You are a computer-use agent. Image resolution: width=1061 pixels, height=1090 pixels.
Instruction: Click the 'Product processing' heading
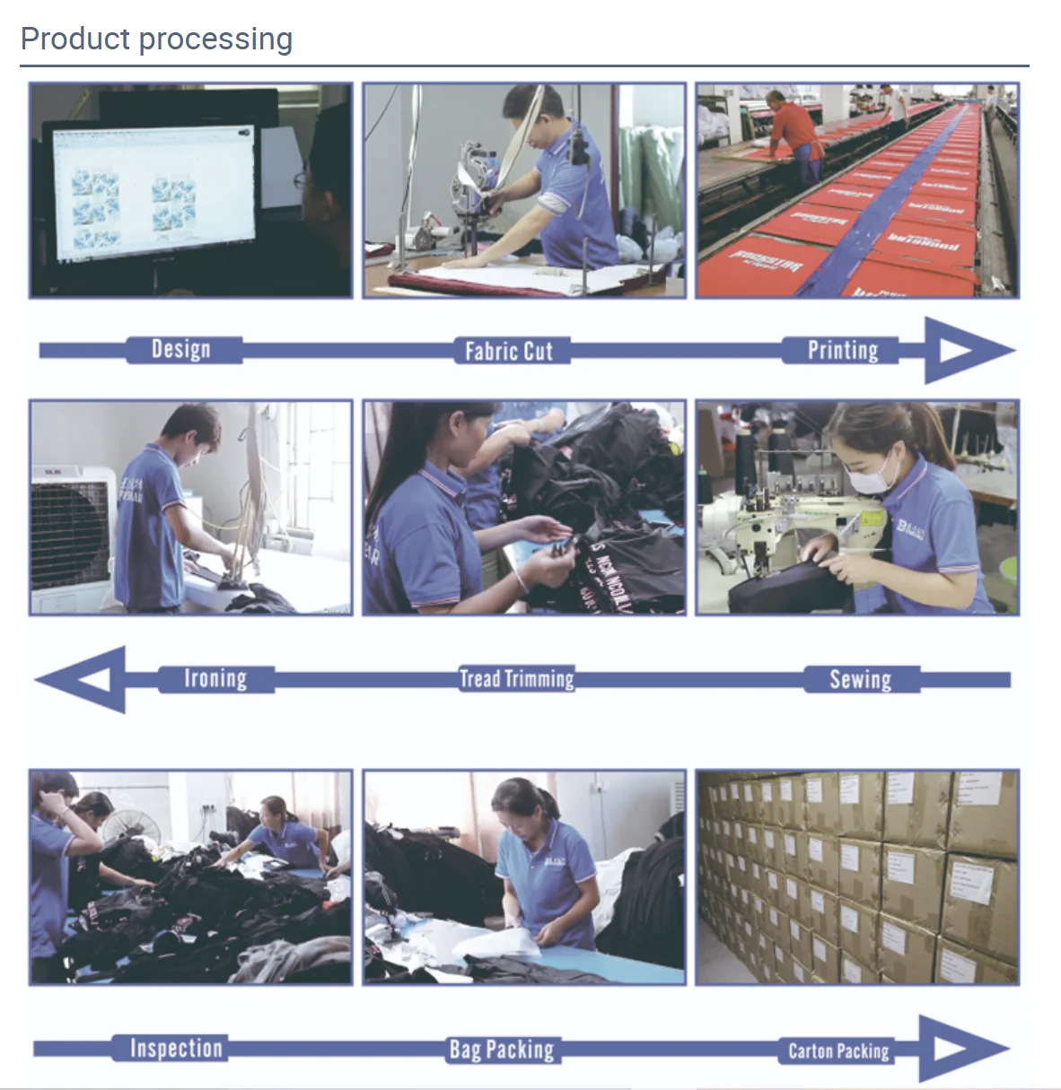click(x=156, y=39)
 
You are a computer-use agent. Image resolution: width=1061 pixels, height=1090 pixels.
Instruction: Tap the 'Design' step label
click(x=181, y=349)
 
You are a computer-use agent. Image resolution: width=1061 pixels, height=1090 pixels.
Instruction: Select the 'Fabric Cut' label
click(x=508, y=351)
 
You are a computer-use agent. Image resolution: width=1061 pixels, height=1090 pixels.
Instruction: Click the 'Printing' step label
click(x=842, y=350)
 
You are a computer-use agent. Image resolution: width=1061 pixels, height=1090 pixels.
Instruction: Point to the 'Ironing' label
click(x=215, y=678)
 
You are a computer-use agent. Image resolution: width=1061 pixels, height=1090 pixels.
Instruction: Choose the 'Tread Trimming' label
click(x=516, y=679)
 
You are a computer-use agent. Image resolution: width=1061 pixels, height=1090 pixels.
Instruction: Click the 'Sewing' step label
click(x=860, y=679)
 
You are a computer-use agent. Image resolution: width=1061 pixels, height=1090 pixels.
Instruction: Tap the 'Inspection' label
click(x=176, y=1048)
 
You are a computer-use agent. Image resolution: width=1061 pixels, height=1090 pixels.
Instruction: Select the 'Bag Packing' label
click(x=502, y=1049)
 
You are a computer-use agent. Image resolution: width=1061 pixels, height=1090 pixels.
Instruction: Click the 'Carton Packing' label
click(x=838, y=1051)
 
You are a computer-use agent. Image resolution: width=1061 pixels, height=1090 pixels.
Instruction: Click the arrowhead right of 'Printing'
click(x=965, y=350)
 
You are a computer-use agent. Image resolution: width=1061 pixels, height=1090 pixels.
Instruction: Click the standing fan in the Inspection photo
click(x=127, y=826)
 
